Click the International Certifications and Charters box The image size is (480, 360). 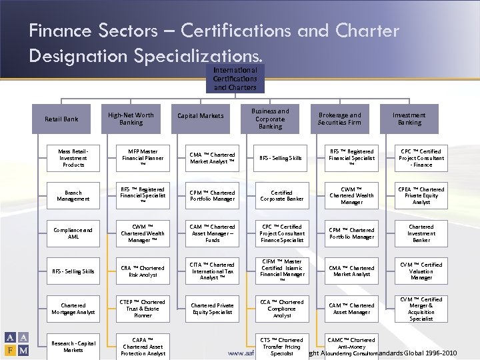pyautogui.click(x=235, y=79)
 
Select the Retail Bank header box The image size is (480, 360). pyautogui.click(x=61, y=119)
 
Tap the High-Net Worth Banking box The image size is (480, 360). pyautogui.click(x=131, y=119)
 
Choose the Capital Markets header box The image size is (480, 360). pyautogui.click(x=200, y=116)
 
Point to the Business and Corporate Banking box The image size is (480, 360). pyautogui.click(x=270, y=119)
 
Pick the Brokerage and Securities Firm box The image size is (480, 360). pyautogui.click(x=339, y=119)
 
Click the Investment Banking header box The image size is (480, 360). pyautogui.click(x=409, y=119)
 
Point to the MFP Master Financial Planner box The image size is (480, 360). pyautogui.click(x=143, y=158)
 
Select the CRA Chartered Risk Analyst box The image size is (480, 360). pyautogui.click(x=143, y=271)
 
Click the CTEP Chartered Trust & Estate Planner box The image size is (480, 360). pyautogui.click(x=143, y=309)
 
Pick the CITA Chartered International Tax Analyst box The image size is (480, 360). pyautogui.click(x=213, y=271)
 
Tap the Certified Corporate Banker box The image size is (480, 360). pyautogui.click(x=282, y=195)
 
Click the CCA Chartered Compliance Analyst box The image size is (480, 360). pyautogui.click(x=282, y=309)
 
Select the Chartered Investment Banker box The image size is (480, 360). pyautogui.click(x=421, y=233)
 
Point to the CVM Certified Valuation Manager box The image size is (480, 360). pyautogui.click(x=421, y=271)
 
